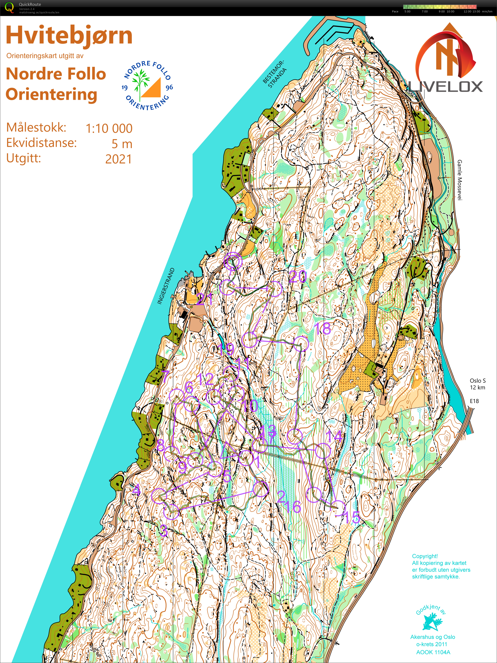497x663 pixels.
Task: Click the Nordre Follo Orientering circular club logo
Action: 147,85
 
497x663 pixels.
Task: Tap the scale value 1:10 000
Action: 109,129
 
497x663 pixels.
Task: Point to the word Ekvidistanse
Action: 42,143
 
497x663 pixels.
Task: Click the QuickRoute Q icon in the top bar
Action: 9,8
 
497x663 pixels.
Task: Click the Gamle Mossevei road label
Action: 460,180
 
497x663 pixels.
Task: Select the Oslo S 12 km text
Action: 477,384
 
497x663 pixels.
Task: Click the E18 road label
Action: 474,401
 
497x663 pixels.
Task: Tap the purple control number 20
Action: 298,276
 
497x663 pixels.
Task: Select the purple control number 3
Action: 163,530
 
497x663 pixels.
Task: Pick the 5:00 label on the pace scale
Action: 407,11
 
